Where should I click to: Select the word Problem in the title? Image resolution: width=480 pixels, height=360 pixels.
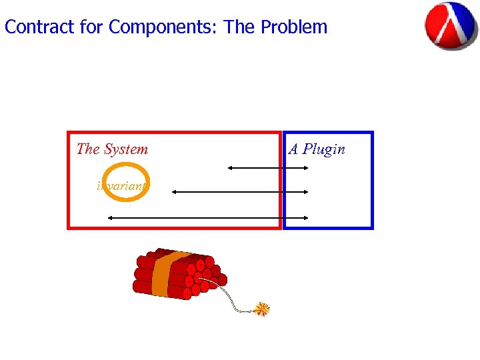click(x=294, y=27)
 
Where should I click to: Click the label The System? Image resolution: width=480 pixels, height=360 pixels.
click(x=112, y=149)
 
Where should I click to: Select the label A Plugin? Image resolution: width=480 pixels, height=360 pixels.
click(x=317, y=149)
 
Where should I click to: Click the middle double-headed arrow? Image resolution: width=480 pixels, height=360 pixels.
click(x=240, y=192)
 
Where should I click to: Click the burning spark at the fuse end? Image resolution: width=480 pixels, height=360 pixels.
click(x=263, y=309)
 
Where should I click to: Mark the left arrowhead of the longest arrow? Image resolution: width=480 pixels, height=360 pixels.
click(x=111, y=217)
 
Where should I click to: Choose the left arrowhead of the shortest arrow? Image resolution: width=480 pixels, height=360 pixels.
click(x=231, y=168)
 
